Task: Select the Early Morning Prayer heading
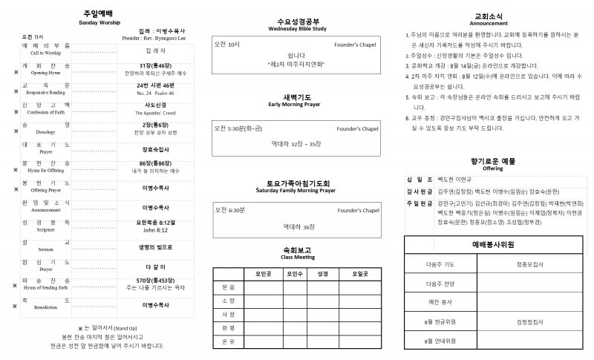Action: (x=296, y=105)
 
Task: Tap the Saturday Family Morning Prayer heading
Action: (x=296, y=190)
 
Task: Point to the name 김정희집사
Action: (x=529, y=321)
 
